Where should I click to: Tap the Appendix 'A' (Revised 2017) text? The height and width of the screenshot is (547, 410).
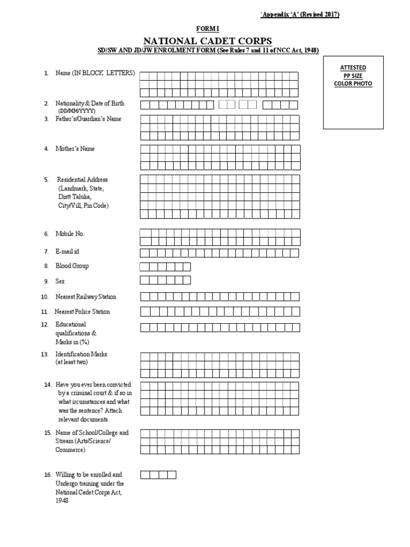pos(299,14)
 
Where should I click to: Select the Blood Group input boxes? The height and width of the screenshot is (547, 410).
pos(165,267)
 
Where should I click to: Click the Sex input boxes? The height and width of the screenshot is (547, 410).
pos(165,280)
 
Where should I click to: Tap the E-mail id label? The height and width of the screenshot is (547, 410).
pos(67,251)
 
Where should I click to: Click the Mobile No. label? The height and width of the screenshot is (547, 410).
pos(70,234)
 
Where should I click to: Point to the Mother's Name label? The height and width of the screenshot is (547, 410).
pos(75,149)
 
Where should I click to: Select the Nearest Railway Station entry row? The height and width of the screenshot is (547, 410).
pos(219,297)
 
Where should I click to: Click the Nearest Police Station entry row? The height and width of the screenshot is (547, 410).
pos(219,312)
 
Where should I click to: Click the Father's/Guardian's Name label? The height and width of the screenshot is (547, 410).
pos(88,119)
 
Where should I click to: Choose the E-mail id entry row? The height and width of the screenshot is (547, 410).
pos(219,253)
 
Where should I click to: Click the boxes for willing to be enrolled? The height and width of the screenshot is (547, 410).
pos(158,475)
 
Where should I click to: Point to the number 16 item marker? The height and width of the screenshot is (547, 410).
pos(48,474)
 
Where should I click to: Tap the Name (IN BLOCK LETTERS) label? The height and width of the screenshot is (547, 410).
pos(95,73)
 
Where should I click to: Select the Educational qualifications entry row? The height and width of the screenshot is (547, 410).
pos(219,327)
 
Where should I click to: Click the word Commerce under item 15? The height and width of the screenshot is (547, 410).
pos(70,450)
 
